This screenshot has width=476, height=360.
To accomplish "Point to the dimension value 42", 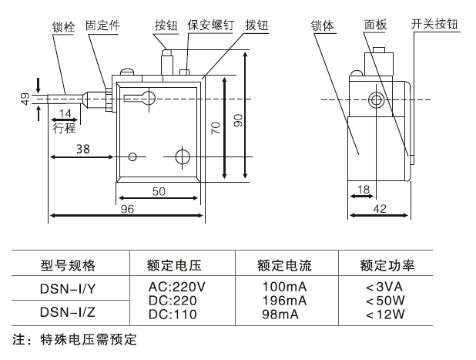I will tap(378, 208).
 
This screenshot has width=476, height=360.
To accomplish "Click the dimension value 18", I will tap(362, 189).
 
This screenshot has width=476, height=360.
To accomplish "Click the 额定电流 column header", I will tap(284, 266).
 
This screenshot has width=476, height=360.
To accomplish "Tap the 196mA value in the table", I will tap(284, 300).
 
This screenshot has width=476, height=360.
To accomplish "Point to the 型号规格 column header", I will tap(68, 266).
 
